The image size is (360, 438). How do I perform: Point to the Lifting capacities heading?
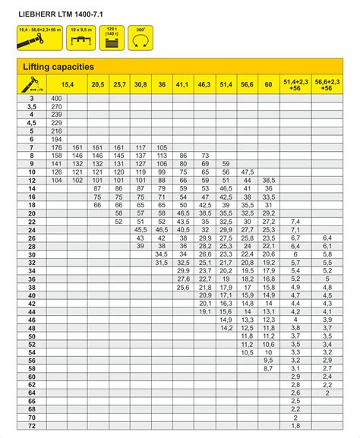point(53,68)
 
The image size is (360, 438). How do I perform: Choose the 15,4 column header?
point(67,85)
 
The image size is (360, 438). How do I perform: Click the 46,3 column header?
point(204,85)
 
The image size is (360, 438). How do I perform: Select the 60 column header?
point(268,85)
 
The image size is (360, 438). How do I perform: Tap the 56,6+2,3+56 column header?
point(327,85)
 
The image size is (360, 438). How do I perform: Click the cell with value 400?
point(56,99)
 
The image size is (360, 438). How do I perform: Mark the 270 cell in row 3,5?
point(56,107)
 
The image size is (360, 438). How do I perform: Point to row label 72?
point(32,426)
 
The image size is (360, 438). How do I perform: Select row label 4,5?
point(32,123)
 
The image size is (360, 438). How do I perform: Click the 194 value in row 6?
point(56,139)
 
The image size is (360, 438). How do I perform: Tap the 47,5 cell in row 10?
point(247,172)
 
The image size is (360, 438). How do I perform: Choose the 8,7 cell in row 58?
point(268,368)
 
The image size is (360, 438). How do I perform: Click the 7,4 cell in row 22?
point(295,221)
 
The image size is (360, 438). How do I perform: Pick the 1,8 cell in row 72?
point(295,426)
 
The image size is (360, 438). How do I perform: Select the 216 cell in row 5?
point(56,131)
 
